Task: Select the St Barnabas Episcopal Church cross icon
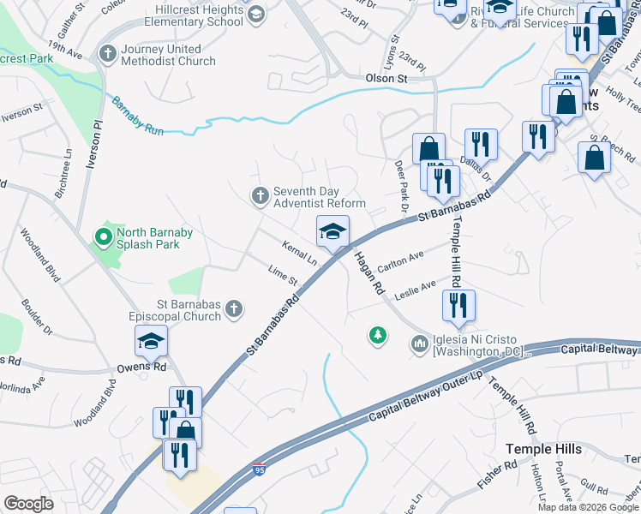click(x=235, y=309)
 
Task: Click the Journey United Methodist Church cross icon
click(x=108, y=55)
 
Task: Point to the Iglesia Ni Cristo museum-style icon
click(x=419, y=344)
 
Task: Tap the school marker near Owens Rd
click(x=151, y=343)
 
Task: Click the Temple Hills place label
click(x=543, y=449)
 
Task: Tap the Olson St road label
click(x=386, y=79)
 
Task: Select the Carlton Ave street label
click(x=401, y=259)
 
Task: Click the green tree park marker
click(x=376, y=335)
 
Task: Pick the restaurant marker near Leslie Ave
click(x=458, y=305)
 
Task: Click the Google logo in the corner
click(x=28, y=504)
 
